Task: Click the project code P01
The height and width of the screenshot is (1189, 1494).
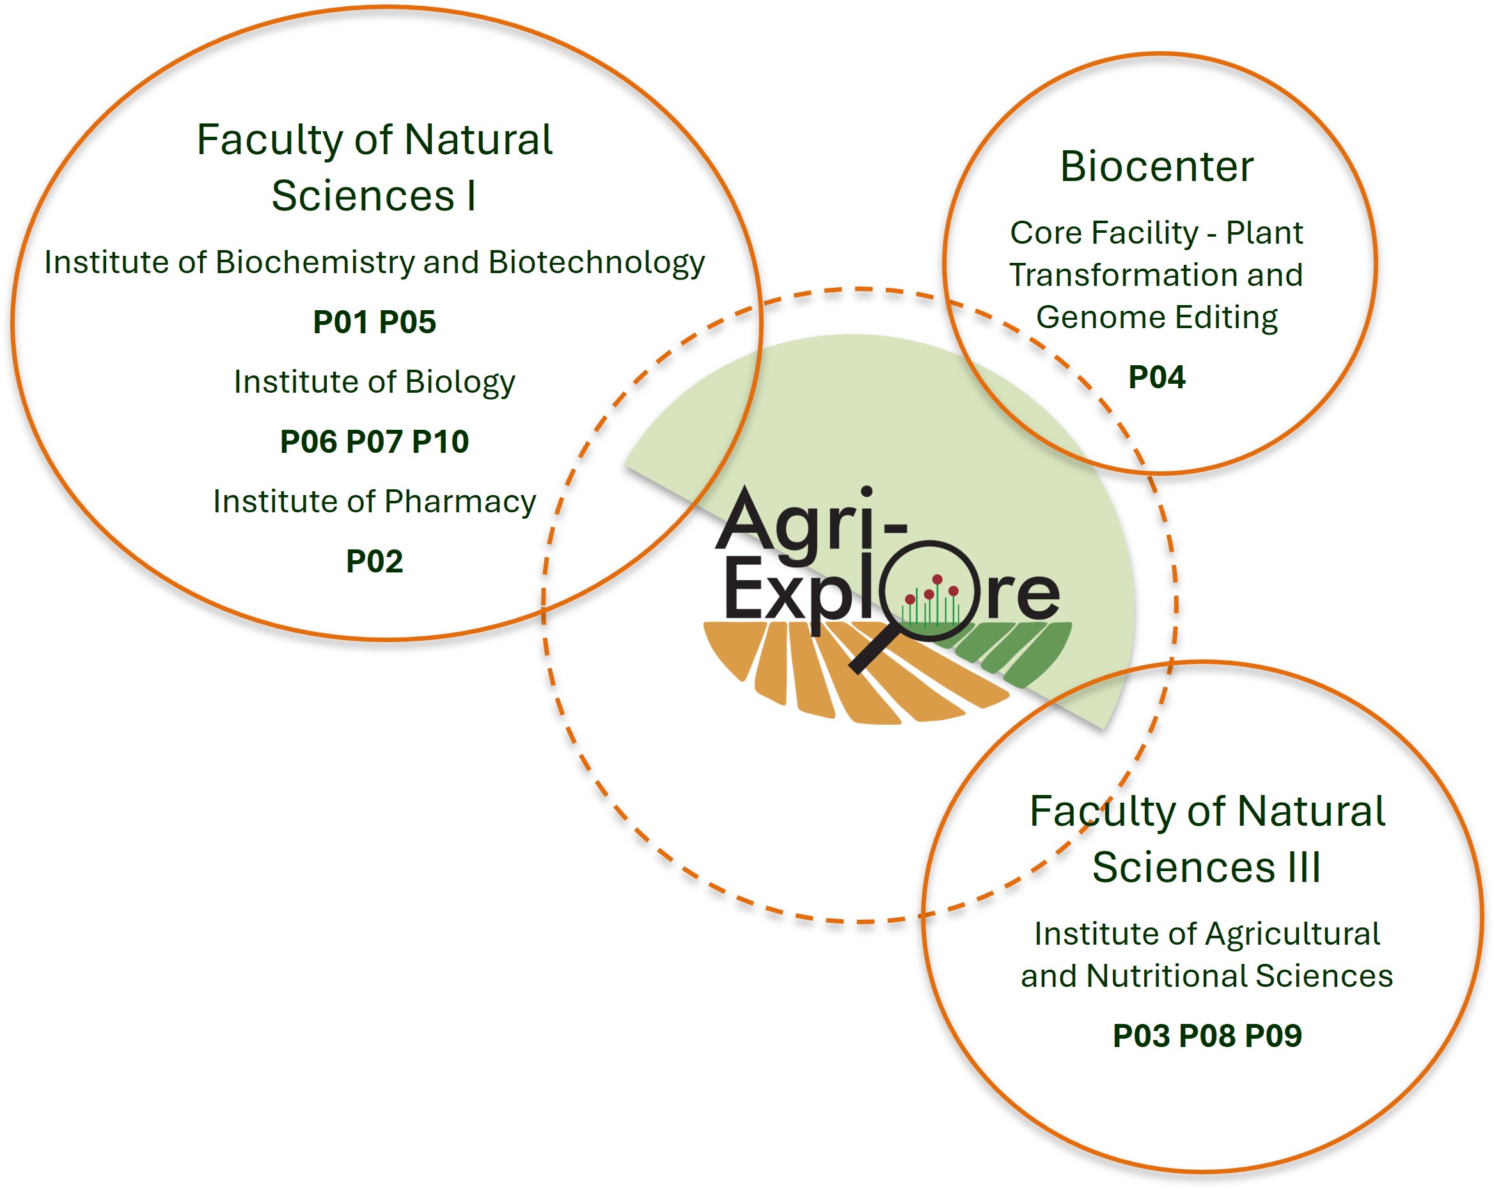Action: (x=340, y=322)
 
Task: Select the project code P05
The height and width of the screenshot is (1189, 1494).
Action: (x=407, y=322)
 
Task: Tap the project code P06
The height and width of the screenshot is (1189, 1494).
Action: (x=308, y=442)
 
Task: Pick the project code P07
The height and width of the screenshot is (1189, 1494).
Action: (x=374, y=442)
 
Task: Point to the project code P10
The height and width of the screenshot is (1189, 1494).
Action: (x=441, y=442)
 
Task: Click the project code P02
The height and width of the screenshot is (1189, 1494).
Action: (x=374, y=562)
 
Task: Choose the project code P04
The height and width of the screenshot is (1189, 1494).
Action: (x=1156, y=377)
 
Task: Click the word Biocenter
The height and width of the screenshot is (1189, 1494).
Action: (x=1156, y=167)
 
